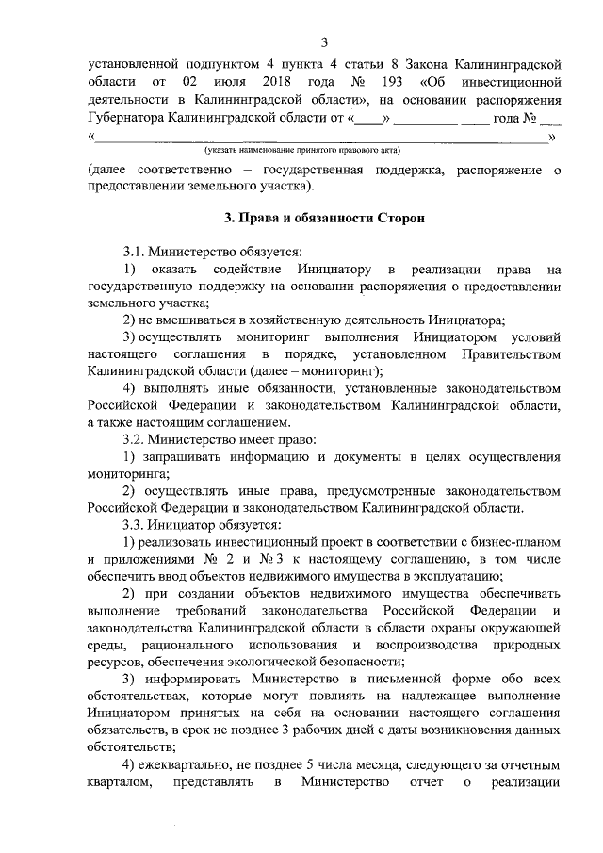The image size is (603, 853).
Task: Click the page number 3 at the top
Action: (325, 42)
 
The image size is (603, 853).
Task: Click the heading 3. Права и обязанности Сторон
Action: (325, 218)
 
